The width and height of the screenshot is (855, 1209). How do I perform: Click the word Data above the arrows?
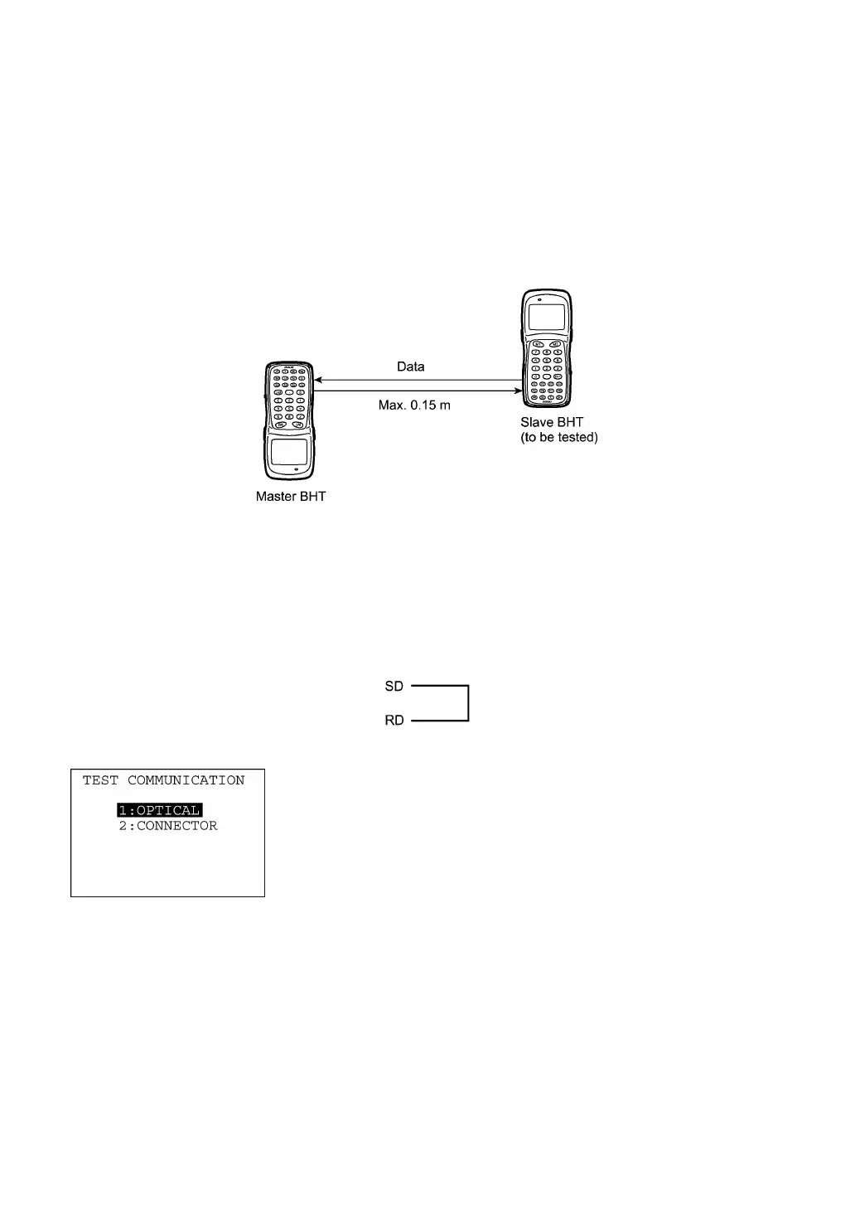pyautogui.click(x=410, y=367)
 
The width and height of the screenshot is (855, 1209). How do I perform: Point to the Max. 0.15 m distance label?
pyautogui.click(x=414, y=405)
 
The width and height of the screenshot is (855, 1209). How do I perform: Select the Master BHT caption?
pyautogui.click(x=291, y=497)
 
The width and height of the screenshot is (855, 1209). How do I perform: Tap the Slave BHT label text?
pyautogui.click(x=552, y=422)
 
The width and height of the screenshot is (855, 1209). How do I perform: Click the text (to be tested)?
pyautogui.click(x=559, y=437)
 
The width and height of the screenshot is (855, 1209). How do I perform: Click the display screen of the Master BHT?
pyautogui.click(x=289, y=452)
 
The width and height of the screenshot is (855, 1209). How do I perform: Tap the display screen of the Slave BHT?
pyautogui.click(x=547, y=316)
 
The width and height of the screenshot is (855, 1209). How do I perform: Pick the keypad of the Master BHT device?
pyautogui.click(x=289, y=397)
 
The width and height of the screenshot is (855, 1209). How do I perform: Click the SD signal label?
pyautogui.click(x=394, y=687)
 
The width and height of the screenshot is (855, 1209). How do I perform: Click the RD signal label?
pyautogui.click(x=394, y=721)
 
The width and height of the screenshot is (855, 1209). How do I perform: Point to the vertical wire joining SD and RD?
pyautogui.click(x=469, y=703)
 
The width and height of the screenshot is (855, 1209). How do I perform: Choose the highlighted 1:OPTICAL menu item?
pyautogui.click(x=160, y=810)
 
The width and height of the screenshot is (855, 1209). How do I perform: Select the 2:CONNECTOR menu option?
pyautogui.click(x=168, y=826)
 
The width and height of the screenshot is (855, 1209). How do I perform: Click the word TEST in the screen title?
pyautogui.click(x=100, y=780)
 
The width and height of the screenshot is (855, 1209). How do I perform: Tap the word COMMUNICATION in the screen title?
pyautogui.click(x=186, y=780)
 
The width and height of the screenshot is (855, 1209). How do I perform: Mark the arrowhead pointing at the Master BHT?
pyautogui.click(x=317, y=381)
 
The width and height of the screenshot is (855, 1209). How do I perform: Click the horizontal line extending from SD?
pyautogui.click(x=439, y=686)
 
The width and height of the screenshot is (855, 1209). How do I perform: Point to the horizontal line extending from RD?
pyautogui.click(x=439, y=721)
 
